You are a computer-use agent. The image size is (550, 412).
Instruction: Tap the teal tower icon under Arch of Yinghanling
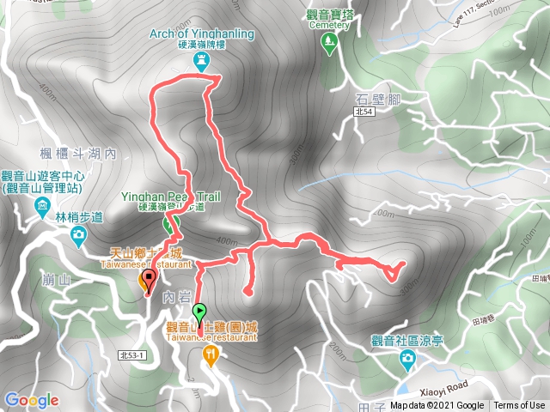pos(203,60)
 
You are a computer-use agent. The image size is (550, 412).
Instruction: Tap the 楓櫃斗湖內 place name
pos(78,154)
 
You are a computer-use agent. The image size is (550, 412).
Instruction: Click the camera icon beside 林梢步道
pos(79,234)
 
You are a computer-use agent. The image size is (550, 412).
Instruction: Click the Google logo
pos(31,400)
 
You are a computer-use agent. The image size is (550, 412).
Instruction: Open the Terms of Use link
pos(519,406)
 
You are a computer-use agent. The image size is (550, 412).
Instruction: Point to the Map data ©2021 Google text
pos(436,406)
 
